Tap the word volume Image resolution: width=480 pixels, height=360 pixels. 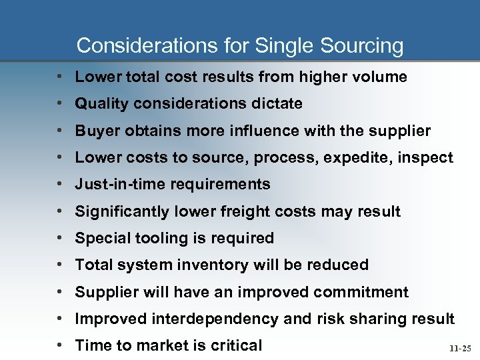[x=379, y=77]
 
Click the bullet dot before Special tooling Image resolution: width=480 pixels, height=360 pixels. [x=60, y=239]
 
